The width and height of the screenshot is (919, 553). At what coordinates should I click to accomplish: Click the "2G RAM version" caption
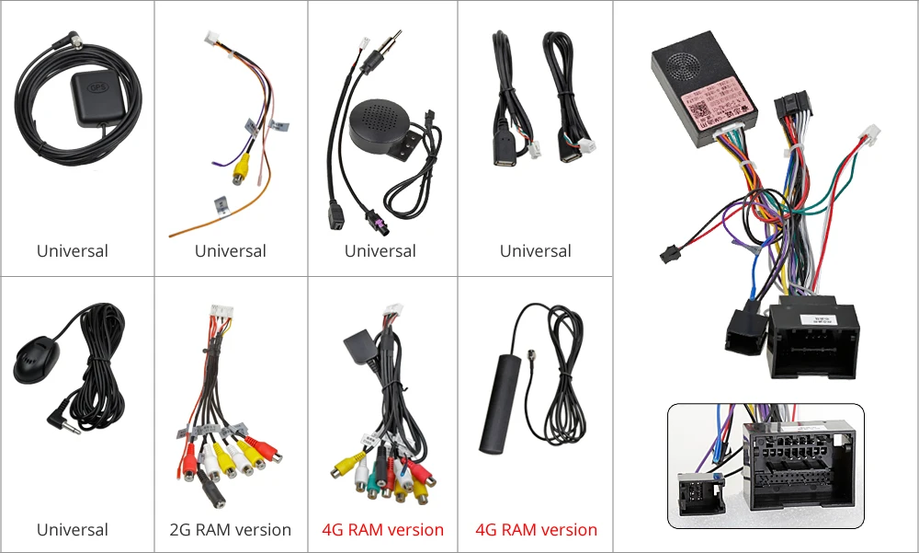230,530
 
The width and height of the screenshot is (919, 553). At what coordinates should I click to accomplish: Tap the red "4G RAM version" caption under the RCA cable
382,530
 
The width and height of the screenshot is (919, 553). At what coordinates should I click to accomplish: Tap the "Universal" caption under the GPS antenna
73,251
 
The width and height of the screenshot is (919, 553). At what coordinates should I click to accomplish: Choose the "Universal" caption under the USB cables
536,251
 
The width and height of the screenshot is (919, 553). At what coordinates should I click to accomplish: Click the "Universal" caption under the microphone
73,530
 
